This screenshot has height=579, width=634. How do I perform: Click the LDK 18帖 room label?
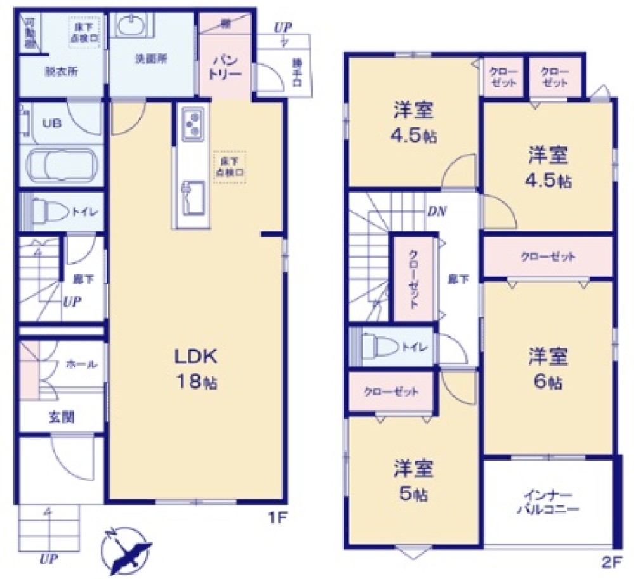pos(197,368)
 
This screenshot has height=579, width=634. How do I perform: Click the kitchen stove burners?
pos(192,124)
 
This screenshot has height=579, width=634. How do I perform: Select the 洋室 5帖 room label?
pos(412,480)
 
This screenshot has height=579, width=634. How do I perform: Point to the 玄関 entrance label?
pos(61,417)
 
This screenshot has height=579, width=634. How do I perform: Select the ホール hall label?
pos(81,364)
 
